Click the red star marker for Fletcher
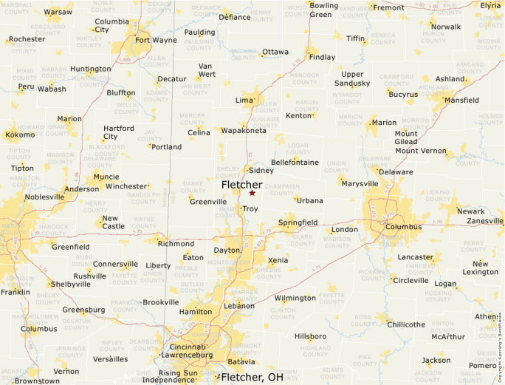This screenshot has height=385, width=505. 252,193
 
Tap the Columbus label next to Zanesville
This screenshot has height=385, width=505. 403,226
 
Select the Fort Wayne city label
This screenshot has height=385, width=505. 156,40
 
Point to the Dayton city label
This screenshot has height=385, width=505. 227,251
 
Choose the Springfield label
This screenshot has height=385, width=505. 298,222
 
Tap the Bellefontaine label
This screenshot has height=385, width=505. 295,162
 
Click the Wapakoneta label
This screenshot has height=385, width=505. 244,131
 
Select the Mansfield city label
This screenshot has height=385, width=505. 461,100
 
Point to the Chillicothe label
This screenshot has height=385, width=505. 406,324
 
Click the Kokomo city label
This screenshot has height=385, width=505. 20,134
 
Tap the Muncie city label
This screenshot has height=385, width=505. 106,177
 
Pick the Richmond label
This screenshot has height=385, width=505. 176,244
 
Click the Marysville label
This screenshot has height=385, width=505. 360,183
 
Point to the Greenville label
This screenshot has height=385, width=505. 208,202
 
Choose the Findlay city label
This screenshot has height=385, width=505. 322,57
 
